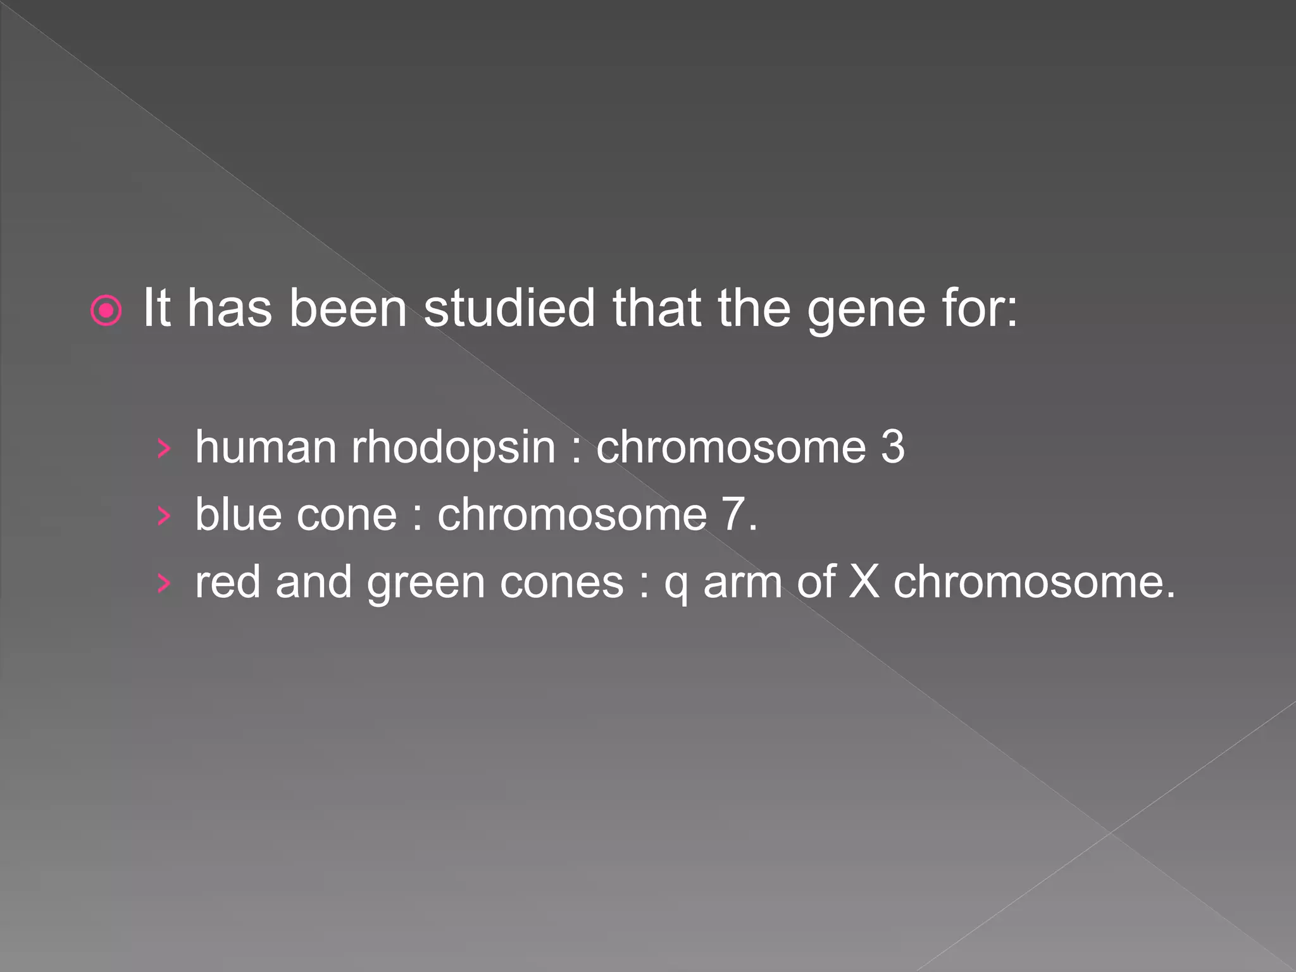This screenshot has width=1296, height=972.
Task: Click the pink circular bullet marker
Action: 106,311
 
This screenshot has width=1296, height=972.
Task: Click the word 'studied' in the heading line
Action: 509,308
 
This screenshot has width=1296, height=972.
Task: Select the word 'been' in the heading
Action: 348,308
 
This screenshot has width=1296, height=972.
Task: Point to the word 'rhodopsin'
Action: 453,448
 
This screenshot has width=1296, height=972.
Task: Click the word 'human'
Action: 266,447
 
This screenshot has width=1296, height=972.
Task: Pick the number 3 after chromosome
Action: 892,447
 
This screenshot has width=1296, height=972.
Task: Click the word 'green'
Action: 425,583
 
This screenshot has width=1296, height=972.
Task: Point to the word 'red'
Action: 228,582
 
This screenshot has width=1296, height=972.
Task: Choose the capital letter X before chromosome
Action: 864,582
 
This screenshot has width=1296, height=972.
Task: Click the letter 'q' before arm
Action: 676,585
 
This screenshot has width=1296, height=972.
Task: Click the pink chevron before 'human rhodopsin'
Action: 164,449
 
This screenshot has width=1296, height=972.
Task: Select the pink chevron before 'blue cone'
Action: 164,516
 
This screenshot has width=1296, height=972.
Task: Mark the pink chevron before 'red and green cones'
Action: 164,583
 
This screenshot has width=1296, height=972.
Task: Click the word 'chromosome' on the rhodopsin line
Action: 731,447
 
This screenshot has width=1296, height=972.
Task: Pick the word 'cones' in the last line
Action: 561,583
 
